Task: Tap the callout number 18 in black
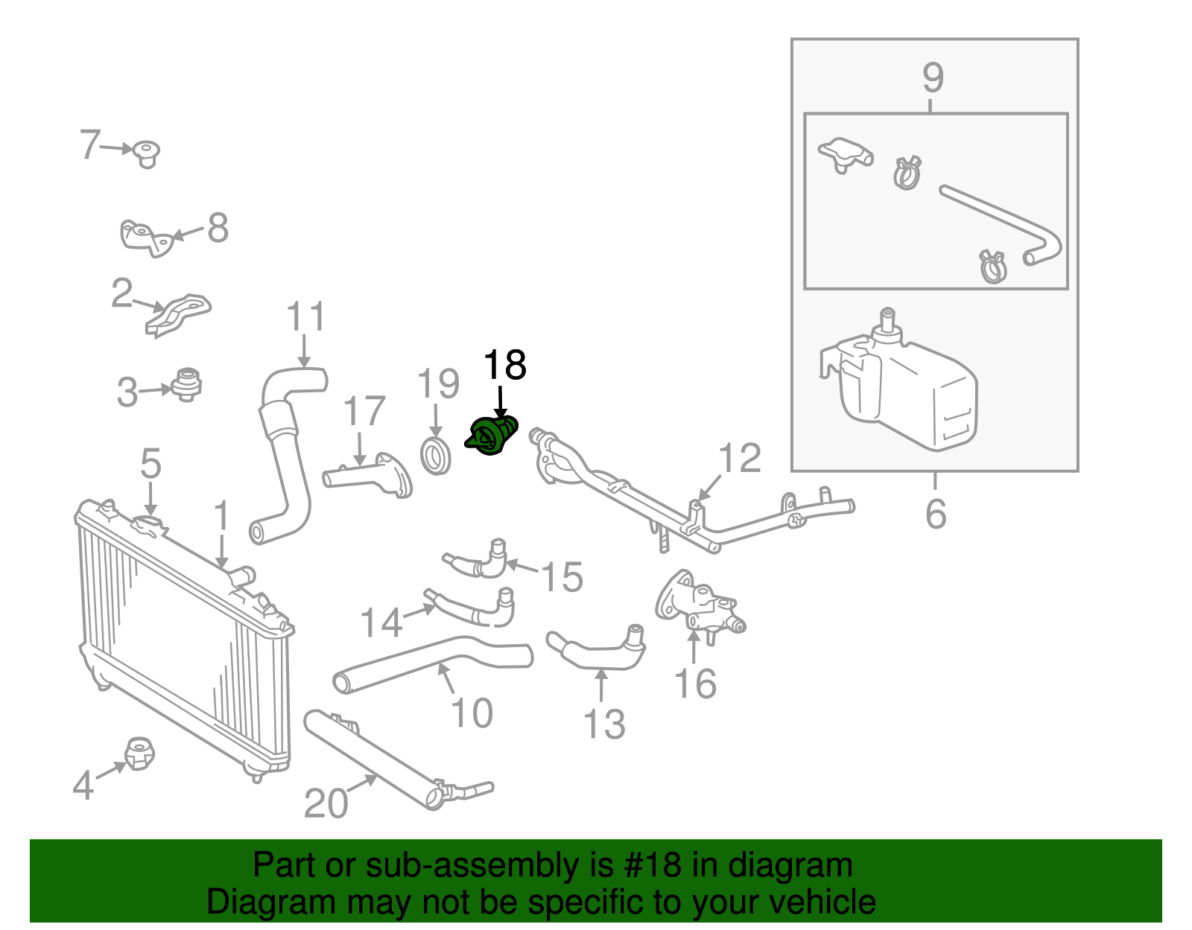(x=504, y=366)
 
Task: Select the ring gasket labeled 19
(x=436, y=456)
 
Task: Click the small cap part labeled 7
(x=147, y=153)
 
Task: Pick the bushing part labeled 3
(x=186, y=384)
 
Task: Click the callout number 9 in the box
(x=933, y=77)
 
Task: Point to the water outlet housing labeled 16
(x=698, y=604)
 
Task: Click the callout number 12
(x=740, y=458)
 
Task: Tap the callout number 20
(x=326, y=803)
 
